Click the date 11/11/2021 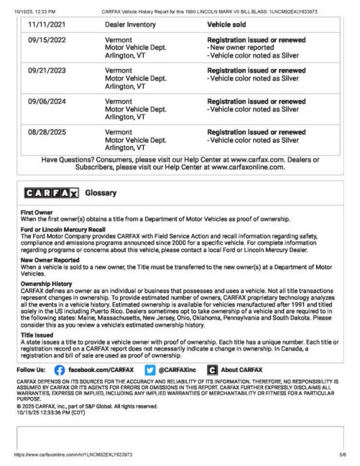(47, 25)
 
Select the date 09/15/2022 (47, 40)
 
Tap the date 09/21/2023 (47, 71)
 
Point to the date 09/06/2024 (47, 101)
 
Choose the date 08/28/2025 (47, 132)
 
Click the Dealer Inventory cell (130, 25)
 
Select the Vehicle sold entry (226, 25)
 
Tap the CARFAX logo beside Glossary (52, 193)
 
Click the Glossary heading (101, 193)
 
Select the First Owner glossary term (37, 212)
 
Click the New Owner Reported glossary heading (50, 260)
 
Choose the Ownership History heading (46, 283)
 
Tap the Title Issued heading (38, 335)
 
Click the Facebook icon (59, 370)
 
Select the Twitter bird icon (150, 370)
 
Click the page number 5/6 (343, 455)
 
